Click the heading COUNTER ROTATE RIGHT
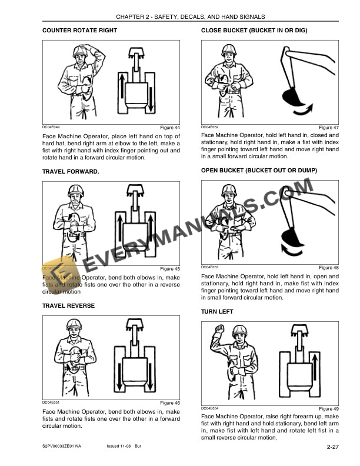tap(80, 30)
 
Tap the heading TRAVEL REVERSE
tap(68, 306)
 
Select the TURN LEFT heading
tap(217, 311)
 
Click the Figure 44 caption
tap(170, 128)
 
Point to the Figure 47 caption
tap(328, 128)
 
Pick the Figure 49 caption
tap(328, 408)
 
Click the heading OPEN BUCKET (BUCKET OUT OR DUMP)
tap(259, 171)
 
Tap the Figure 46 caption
tap(170, 403)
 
